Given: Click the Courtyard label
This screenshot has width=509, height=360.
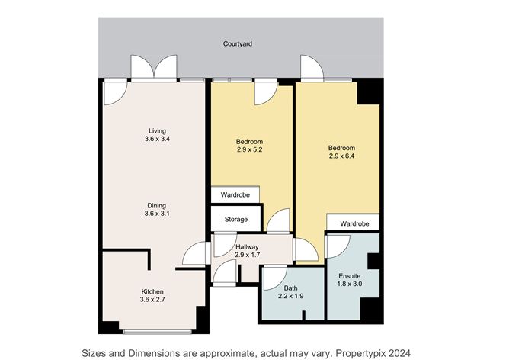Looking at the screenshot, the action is coord(237,44).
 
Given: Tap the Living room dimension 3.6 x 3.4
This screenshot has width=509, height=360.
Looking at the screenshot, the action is coord(158,139).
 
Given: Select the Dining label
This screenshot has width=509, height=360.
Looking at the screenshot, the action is coord(156,206).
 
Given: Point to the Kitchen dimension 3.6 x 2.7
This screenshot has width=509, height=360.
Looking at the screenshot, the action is coord(152,300).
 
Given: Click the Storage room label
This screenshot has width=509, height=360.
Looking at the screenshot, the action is coord(236,220).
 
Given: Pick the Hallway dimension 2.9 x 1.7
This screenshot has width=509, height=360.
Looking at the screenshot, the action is coord(247,255).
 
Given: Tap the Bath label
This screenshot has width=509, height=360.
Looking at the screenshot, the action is coord(290,288).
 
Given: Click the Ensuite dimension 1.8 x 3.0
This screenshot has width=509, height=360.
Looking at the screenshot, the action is coord(349,284).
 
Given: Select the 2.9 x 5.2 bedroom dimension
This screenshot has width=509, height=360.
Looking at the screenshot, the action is coord(249,149).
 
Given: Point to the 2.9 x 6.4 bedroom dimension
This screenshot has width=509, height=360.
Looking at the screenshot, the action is coord(341,156).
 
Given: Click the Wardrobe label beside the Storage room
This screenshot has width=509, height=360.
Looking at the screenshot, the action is coord(235,195).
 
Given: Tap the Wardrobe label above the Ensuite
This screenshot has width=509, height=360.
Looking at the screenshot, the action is coord(354,224).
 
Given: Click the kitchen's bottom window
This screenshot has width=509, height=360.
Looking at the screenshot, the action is coord(158,332).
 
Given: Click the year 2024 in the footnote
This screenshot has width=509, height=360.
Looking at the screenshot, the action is coord(400,353).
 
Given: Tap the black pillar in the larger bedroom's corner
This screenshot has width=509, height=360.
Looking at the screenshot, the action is coord(369,92).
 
